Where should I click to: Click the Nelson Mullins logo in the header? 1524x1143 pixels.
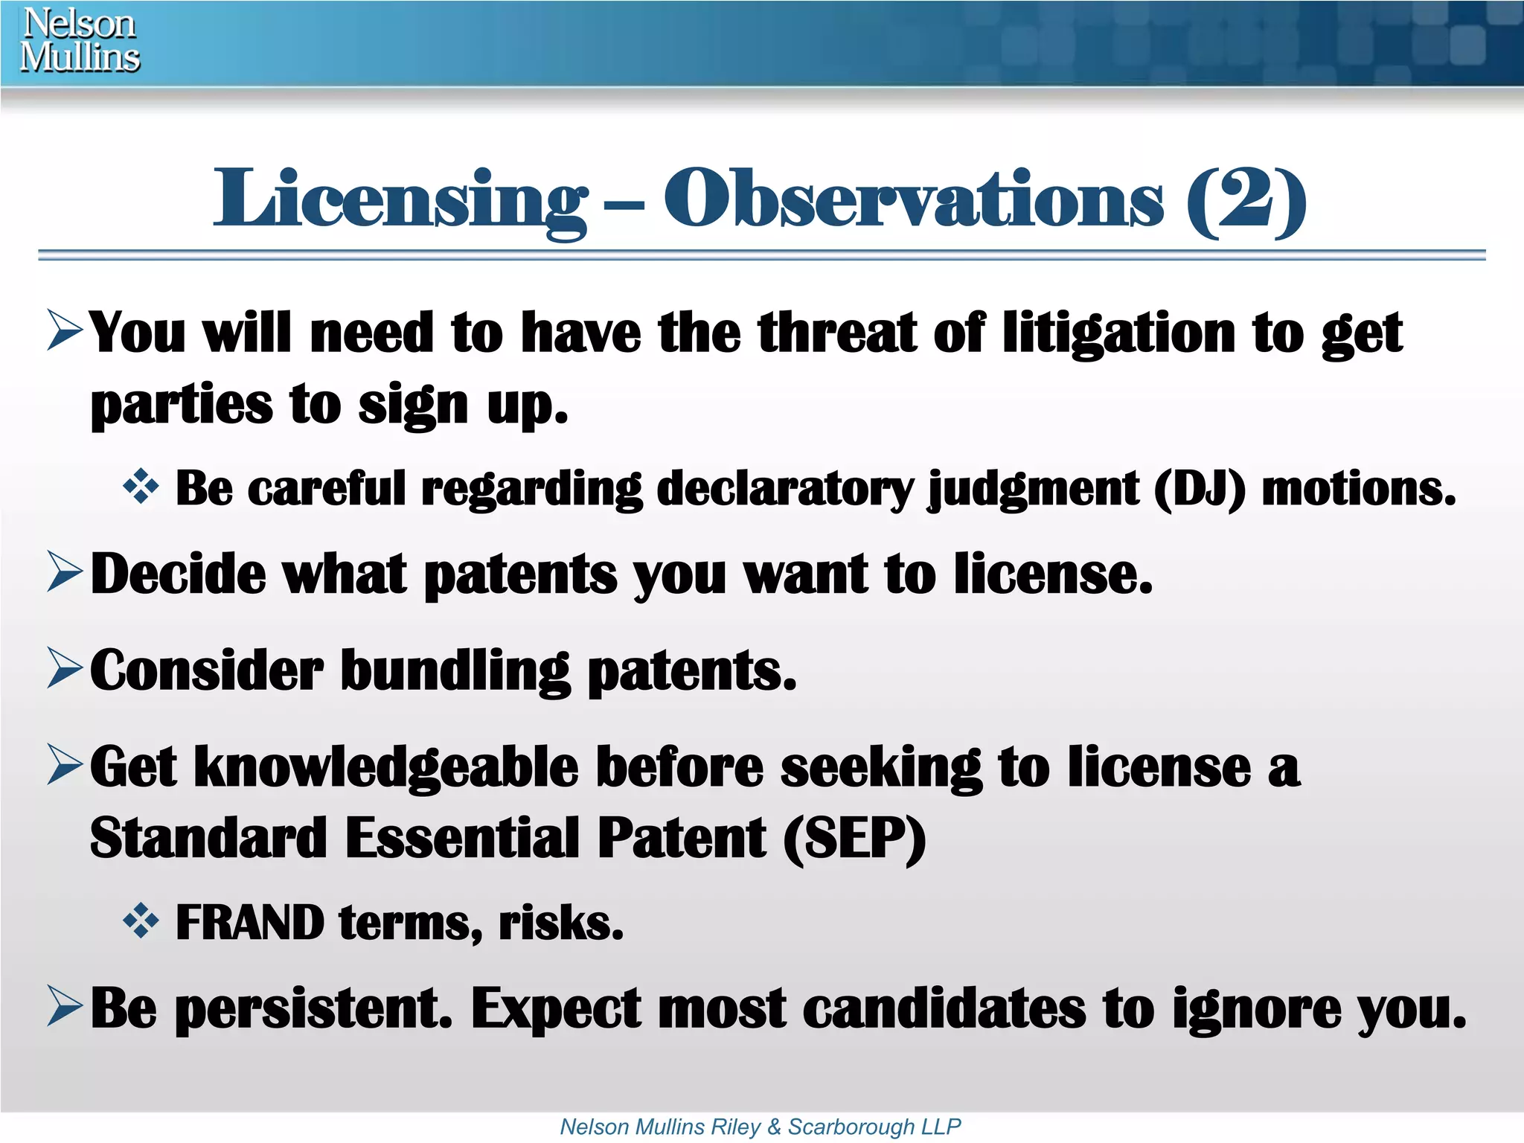(x=80, y=40)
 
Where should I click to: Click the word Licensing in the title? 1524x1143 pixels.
(x=400, y=199)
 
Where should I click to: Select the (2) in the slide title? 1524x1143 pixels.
(x=1246, y=199)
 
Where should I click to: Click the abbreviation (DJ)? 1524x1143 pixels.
(x=1200, y=489)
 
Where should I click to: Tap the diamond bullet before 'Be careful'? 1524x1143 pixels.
(x=141, y=487)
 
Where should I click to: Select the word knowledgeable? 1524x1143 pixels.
(x=385, y=767)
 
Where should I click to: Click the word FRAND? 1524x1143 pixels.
(x=250, y=923)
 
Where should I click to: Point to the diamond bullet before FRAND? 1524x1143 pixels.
(x=141, y=922)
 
